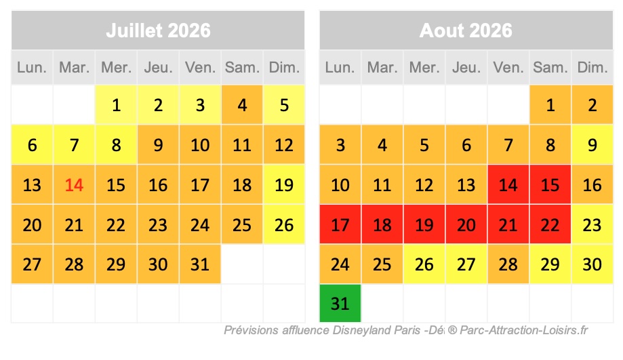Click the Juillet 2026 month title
pos(158,31)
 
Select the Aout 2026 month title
pos(466,31)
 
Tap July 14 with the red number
pos(74,184)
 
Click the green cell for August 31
pos(340,303)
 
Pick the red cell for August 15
pos(550,184)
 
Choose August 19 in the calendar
pos(424,224)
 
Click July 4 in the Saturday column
pos(242,105)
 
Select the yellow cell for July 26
pos(284,224)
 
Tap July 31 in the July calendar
pos(200,264)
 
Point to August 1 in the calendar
pos(550,105)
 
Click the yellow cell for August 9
pos(592,145)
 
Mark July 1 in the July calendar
pos(116,105)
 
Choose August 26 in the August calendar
pos(424,264)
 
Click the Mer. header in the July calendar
pos(116,68)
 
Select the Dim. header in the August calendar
pos(592,68)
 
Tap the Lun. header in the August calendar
pos(340,68)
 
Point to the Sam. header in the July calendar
pos(242,68)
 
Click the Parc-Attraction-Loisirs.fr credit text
pos(522,331)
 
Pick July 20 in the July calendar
pos(32,224)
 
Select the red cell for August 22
pos(550,224)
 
